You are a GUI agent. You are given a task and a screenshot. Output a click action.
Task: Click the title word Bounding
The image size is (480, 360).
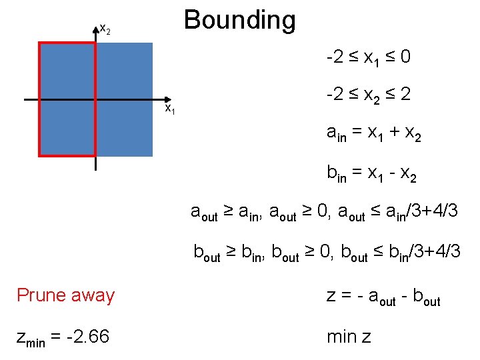pyautogui.click(x=240, y=20)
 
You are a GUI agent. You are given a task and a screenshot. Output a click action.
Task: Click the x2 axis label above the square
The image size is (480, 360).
pyautogui.click(x=105, y=29)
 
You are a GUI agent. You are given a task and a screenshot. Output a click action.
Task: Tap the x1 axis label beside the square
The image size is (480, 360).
pyautogui.click(x=170, y=108)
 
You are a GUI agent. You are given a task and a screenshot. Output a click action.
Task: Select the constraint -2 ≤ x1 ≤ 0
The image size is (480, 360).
pyautogui.click(x=368, y=59)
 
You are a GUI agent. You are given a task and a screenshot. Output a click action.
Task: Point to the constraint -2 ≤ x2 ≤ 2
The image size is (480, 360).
pyautogui.click(x=368, y=96)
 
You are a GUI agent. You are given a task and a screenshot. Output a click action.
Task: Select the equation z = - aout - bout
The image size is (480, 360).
pyautogui.click(x=383, y=295)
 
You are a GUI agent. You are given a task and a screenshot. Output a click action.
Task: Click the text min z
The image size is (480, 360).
pyautogui.click(x=349, y=337)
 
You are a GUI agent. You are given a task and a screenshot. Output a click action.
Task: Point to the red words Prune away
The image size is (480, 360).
pyautogui.click(x=65, y=295)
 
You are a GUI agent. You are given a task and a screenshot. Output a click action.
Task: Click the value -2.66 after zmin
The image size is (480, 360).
pyautogui.click(x=87, y=337)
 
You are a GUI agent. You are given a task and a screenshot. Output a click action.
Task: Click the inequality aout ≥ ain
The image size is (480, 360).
pyautogui.click(x=227, y=212)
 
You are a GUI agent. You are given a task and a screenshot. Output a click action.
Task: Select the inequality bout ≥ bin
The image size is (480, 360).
pyautogui.click(x=230, y=252)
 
